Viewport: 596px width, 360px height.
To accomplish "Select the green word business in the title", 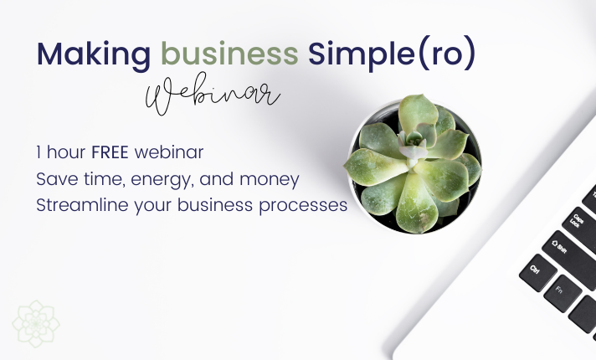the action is tap(229, 54).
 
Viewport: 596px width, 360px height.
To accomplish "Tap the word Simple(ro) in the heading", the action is tap(392, 54).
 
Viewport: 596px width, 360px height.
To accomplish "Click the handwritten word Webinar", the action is tap(213, 95).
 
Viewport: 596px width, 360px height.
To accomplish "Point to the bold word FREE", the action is tap(110, 152).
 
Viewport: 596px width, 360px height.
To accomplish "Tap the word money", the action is tap(269, 180).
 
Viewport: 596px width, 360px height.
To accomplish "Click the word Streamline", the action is tap(82, 205).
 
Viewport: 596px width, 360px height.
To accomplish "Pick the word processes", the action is tap(303, 207).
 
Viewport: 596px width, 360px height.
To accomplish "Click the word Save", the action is tap(57, 178).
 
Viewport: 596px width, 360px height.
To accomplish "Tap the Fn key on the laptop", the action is tap(563, 294).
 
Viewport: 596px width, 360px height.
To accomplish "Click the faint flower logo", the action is tap(36, 324).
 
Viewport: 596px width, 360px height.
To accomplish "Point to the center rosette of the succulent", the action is tap(413, 146).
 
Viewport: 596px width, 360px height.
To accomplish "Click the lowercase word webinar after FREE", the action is tap(169, 152).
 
